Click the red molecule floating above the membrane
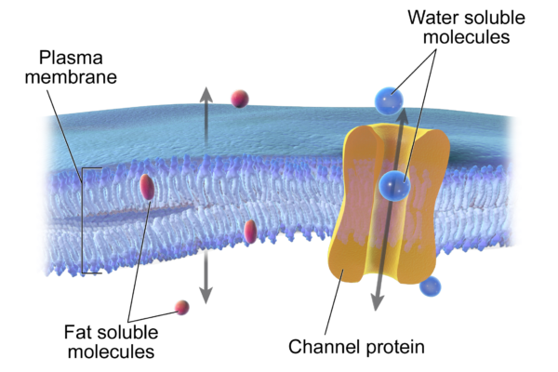pyautogui.click(x=240, y=98)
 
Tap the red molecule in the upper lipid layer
pyautogui.click(x=147, y=187)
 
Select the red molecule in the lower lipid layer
pyautogui.click(x=249, y=231)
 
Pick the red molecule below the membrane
pyautogui.click(x=182, y=307)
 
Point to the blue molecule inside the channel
pyautogui.click(x=394, y=186)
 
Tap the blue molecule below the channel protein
pyautogui.click(x=430, y=286)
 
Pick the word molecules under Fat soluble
pyautogui.click(x=109, y=352)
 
